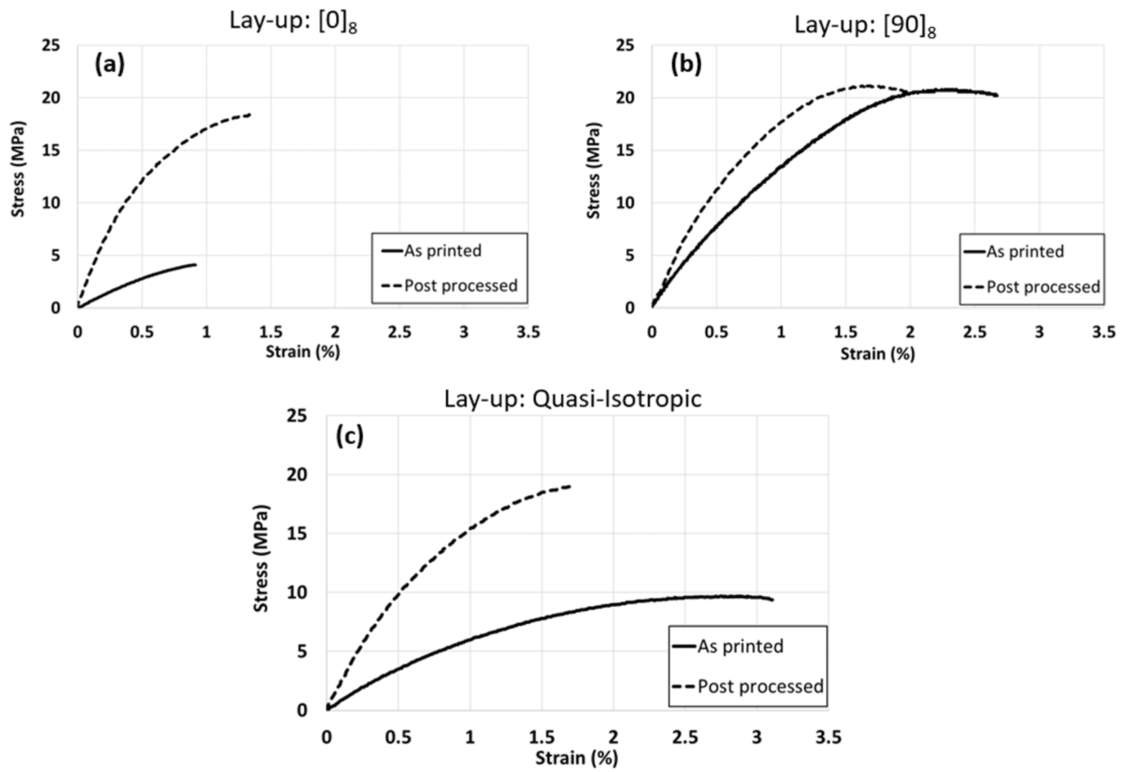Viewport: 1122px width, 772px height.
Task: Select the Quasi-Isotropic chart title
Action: [573, 399]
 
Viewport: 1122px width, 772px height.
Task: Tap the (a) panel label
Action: [109, 64]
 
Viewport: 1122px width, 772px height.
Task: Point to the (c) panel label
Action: [349, 437]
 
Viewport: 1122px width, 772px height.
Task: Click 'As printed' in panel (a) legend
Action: [442, 251]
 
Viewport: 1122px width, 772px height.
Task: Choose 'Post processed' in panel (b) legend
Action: [1043, 287]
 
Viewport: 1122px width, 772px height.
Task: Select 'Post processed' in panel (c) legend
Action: [760, 686]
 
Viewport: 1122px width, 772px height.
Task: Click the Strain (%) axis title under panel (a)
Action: [303, 352]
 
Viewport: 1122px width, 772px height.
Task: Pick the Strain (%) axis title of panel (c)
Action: [576, 758]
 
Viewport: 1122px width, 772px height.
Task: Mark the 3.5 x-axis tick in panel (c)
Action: [828, 737]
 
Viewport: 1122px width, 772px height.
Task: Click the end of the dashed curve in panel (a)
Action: [250, 115]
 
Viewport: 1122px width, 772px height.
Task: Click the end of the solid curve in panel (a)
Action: [196, 265]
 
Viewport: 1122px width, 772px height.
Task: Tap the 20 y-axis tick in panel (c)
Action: [297, 475]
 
